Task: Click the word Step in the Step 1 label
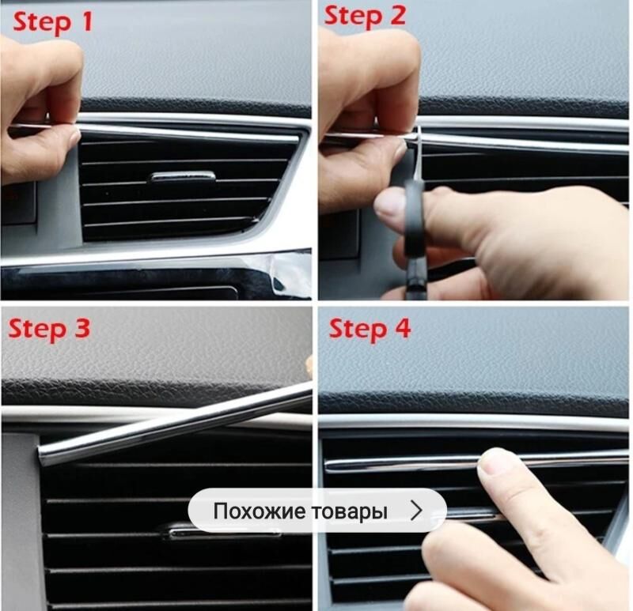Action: [x=42, y=23]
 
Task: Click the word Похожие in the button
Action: [x=260, y=511]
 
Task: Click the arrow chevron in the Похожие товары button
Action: [x=416, y=511]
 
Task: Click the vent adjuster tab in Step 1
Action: [x=183, y=176]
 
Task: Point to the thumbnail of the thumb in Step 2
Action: [x=388, y=205]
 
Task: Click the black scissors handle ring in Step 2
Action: [x=415, y=218]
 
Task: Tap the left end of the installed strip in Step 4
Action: [x=328, y=466]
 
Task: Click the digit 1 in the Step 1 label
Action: [x=87, y=21]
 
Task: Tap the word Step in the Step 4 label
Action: [x=358, y=330]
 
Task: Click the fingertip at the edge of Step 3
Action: [x=309, y=366]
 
